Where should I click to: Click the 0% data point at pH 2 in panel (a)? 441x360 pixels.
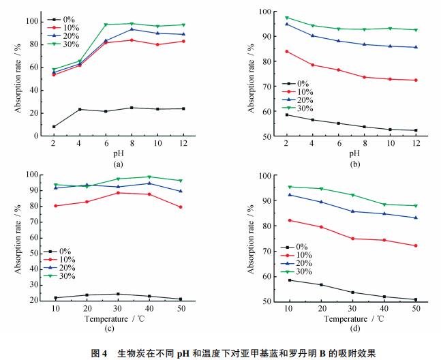coord(53,127)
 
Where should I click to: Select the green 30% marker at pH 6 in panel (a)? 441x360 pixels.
coord(106,25)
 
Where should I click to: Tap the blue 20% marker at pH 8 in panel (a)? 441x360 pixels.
coord(132,29)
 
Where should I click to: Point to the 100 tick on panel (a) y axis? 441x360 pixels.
coord(38,22)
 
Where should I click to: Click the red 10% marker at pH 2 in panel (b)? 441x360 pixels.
coord(286,51)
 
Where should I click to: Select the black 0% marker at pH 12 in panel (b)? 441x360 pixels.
coord(415,130)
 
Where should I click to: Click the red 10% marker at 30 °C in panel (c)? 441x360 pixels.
coord(118,193)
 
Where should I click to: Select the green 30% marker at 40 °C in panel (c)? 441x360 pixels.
coord(149,177)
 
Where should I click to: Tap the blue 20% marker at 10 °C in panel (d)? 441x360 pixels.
coord(289,195)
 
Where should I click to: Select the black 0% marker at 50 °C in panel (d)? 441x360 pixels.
coord(415,299)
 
